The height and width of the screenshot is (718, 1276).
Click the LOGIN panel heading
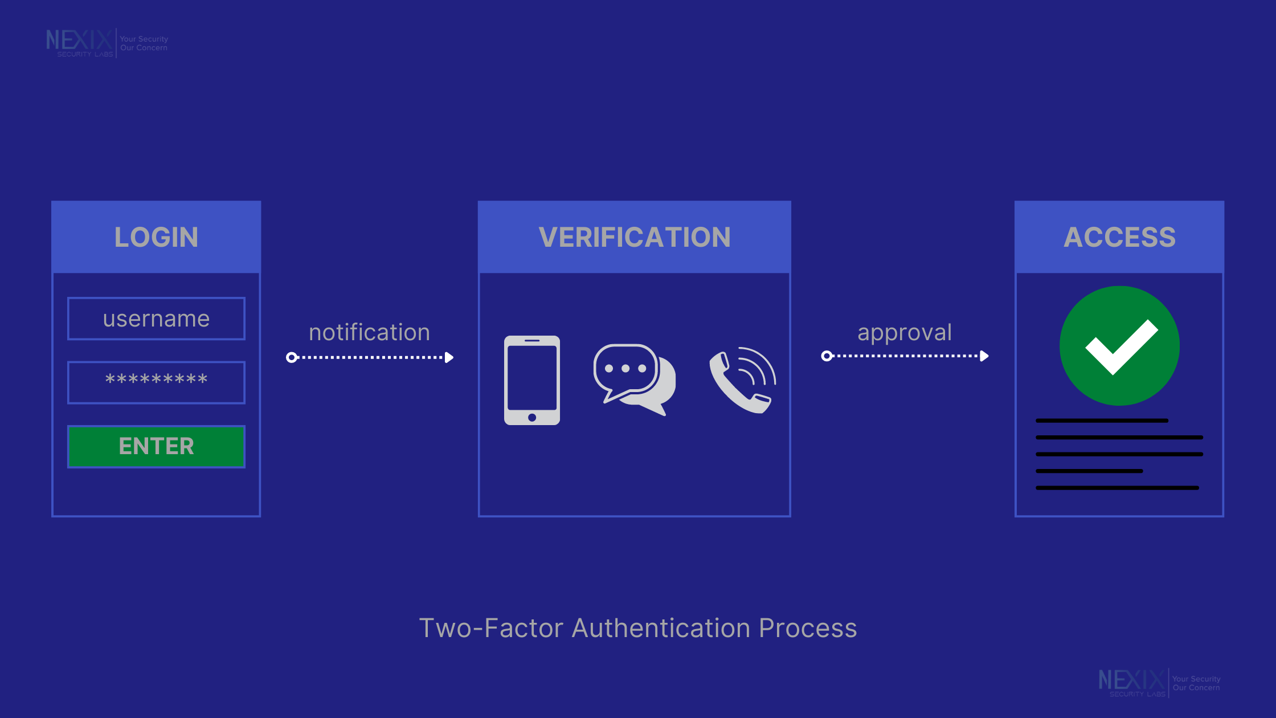pos(156,237)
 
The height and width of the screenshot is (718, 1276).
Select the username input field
pos(156,319)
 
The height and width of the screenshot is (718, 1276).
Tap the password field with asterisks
pos(156,382)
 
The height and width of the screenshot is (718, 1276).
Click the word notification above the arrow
pos(369,332)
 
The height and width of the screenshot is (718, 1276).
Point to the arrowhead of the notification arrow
pos(449,357)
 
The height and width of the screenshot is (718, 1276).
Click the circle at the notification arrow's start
pos(292,357)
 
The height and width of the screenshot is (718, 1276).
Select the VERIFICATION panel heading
pos(634,237)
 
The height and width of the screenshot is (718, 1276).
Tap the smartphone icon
pos(531,380)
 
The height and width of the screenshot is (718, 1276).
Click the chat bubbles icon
pos(634,379)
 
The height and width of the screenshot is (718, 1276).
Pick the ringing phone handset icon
pos(742,380)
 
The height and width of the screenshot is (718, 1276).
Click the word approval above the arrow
pos(905,332)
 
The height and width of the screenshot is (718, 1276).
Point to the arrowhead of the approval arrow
pos(984,356)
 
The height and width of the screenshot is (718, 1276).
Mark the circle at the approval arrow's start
pos(827,356)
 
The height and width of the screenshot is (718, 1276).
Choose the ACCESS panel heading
pos(1119,237)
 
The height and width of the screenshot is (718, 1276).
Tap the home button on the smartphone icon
pos(532,418)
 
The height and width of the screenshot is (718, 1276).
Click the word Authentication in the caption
pos(661,628)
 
